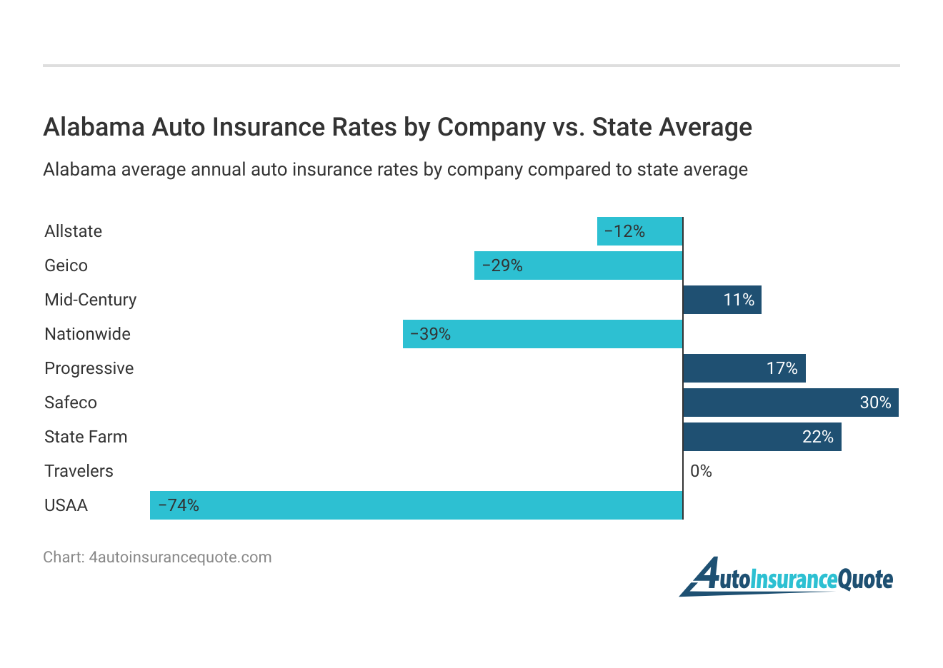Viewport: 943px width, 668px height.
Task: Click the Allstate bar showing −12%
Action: pyautogui.click(x=640, y=231)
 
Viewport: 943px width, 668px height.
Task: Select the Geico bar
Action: pyautogui.click(x=579, y=265)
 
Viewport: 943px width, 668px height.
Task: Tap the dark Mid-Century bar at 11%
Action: pyautogui.click(x=722, y=300)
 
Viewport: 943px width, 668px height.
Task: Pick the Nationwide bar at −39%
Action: pyautogui.click(x=543, y=334)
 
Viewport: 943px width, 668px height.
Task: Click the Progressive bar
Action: pyautogui.click(x=744, y=368)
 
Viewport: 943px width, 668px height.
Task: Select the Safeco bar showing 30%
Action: pyautogui.click(x=791, y=403)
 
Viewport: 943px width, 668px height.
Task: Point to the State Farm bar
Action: pyautogui.click(x=762, y=437)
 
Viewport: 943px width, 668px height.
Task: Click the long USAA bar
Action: pyautogui.click(x=416, y=505)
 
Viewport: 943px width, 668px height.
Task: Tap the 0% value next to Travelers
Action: pyautogui.click(x=701, y=471)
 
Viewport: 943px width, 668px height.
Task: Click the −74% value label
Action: pyautogui.click(x=179, y=505)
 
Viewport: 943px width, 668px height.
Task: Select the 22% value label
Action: pyautogui.click(x=818, y=437)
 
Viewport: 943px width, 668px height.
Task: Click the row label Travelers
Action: pyautogui.click(x=79, y=471)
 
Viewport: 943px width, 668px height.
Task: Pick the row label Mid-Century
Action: pyautogui.click(x=90, y=300)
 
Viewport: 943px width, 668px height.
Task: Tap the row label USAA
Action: pyautogui.click(x=66, y=505)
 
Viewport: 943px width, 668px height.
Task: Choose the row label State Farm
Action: pyautogui.click(x=86, y=437)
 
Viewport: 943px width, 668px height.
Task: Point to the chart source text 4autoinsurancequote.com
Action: pyautogui.click(x=180, y=557)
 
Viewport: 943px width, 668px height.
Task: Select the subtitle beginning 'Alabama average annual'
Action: pyautogui.click(x=395, y=170)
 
